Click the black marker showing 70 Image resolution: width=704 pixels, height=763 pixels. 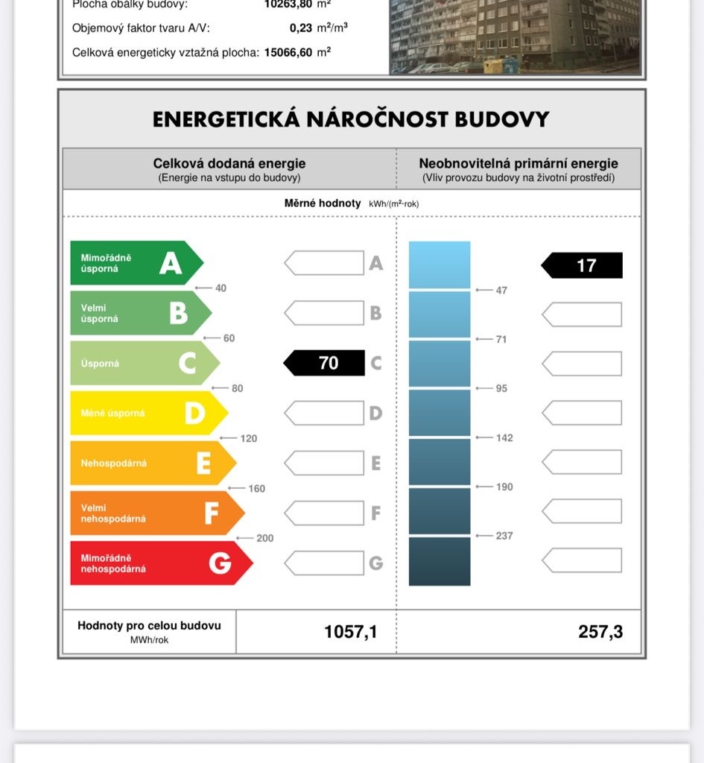point(325,363)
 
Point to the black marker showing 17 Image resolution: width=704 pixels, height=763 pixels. point(583,265)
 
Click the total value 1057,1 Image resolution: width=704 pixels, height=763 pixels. point(350,633)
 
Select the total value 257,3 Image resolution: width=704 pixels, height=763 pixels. point(600,633)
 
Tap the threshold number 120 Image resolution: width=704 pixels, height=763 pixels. point(249,438)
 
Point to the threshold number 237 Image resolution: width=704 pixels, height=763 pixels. point(504,536)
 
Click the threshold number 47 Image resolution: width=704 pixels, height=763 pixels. point(501,290)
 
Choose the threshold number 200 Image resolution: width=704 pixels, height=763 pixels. point(264,538)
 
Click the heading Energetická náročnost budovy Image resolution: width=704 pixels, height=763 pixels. point(351,119)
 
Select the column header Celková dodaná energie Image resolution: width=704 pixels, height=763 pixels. point(229,164)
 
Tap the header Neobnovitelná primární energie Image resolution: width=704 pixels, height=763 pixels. point(519,164)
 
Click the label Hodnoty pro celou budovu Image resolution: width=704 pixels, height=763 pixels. point(149,626)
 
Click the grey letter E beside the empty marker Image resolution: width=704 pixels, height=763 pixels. point(376,463)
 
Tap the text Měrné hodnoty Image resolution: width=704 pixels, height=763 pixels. point(323,203)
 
